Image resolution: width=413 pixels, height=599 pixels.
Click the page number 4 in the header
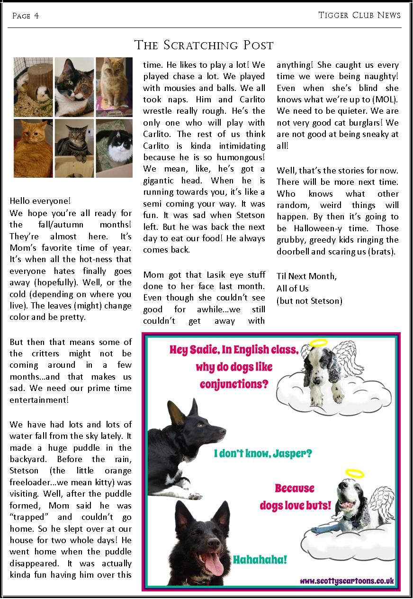point(36,16)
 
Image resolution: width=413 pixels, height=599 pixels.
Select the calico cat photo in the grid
point(74,87)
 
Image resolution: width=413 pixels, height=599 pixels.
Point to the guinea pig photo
point(33,87)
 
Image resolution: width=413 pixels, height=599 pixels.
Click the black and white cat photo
point(114,147)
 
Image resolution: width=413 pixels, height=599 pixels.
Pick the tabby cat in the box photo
point(74,147)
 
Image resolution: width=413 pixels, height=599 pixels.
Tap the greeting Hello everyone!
point(40,201)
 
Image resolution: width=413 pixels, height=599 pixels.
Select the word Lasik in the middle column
point(206,274)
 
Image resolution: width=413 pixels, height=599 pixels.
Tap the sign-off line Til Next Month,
point(306,276)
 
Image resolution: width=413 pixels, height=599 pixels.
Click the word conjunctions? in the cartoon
point(234,383)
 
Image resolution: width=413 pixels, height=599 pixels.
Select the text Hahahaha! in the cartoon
point(260,560)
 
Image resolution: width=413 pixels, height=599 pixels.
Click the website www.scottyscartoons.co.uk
point(347,581)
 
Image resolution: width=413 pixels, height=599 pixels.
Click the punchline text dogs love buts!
point(295,505)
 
